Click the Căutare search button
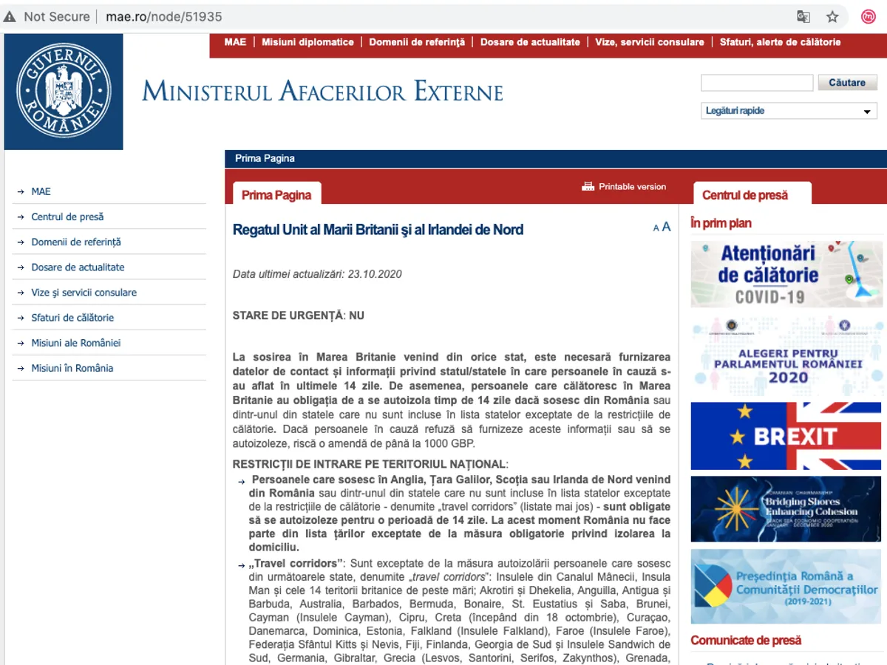847,83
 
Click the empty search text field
756,83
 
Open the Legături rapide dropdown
788,111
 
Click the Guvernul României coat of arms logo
64,92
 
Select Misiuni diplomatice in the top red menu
307,42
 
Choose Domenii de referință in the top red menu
417,42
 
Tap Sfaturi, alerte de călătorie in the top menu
780,42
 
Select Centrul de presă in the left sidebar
67,217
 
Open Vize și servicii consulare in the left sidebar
84,293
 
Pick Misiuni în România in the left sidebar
72,368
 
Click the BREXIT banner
786,436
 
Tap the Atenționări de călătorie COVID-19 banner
786,274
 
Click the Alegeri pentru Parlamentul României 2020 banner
786,358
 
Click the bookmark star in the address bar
832,16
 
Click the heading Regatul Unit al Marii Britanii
378,230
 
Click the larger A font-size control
666,227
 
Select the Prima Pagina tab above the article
276,195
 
